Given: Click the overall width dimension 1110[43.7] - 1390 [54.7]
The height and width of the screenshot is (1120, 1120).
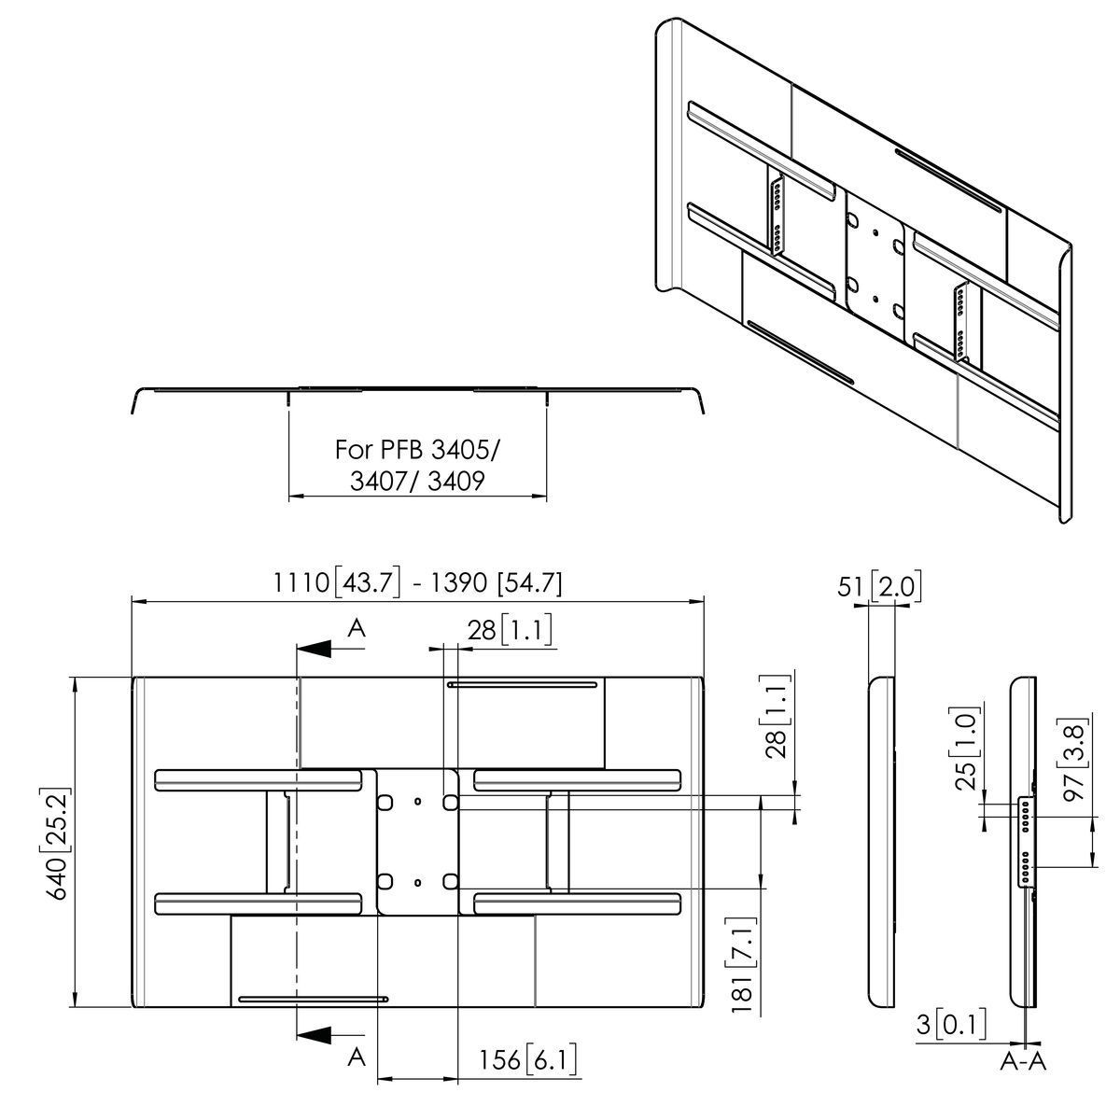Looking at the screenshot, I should (417, 582).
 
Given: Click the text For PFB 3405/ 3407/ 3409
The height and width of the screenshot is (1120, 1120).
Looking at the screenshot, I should (417, 465).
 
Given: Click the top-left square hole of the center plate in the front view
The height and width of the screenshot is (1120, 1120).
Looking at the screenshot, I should (384, 801).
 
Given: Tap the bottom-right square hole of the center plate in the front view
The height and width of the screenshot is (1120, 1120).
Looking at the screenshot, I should (449, 880).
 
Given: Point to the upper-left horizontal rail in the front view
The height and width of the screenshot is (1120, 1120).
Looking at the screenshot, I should (259, 778).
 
